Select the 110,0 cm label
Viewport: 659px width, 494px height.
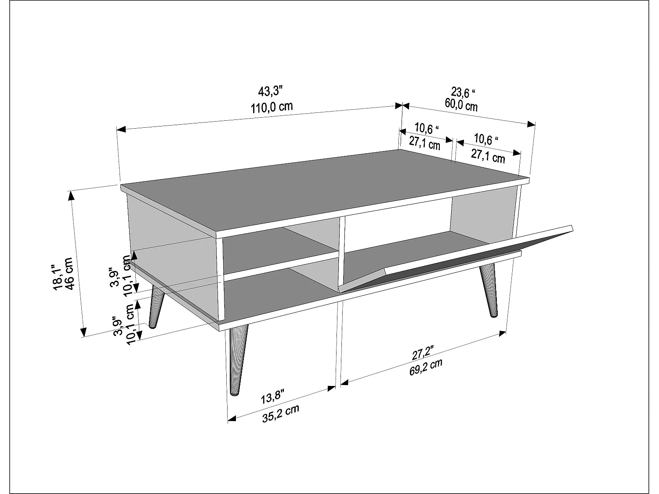click(272, 107)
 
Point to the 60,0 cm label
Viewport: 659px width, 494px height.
click(461, 105)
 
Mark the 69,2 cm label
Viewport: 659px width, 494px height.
click(426, 367)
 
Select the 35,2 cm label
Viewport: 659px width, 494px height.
click(281, 414)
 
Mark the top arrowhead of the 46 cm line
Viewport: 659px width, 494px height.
click(72, 194)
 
